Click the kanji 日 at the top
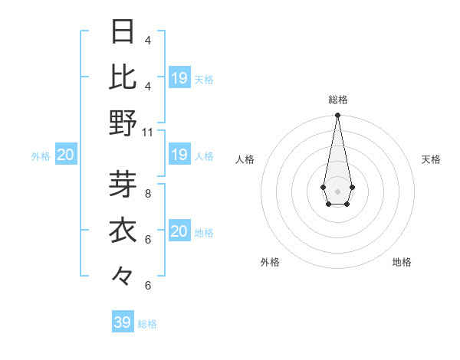(x=123, y=32)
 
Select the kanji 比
(x=123, y=77)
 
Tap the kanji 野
(x=123, y=122)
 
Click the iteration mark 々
(x=123, y=274)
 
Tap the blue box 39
(x=123, y=322)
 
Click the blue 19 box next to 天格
(x=179, y=78)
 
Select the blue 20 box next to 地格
(x=179, y=231)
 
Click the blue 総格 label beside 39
(x=148, y=324)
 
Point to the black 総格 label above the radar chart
(x=337, y=100)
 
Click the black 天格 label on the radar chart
(x=431, y=159)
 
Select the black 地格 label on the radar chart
(x=402, y=262)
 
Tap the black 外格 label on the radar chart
(x=270, y=262)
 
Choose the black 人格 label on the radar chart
(x=245, y=159)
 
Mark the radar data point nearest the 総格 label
(x=337, y=116)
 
